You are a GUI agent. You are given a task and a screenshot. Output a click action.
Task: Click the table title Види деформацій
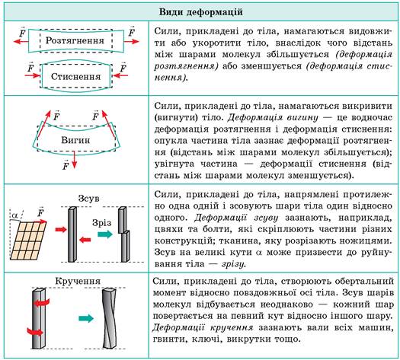[201, 12]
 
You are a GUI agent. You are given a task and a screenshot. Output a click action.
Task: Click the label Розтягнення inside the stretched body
[75, 40]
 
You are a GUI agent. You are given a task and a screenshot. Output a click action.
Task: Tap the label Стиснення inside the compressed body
[76, 76]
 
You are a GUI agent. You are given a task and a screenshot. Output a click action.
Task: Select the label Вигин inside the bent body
[75, 140]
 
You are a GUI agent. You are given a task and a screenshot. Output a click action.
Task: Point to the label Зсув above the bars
[88, 199]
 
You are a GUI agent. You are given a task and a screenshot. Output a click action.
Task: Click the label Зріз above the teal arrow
[102, 223]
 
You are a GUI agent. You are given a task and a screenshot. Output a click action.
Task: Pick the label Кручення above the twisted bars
[78, 281]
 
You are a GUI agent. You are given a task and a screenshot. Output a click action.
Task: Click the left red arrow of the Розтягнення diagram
[21, 41]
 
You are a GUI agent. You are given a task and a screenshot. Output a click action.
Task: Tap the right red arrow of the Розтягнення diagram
[132, 41]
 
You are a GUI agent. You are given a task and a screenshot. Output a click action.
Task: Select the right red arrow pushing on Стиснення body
[120, 75]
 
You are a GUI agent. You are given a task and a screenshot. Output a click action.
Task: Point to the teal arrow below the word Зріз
[105, 234]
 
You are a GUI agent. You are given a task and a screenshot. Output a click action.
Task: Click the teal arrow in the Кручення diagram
[86, 318]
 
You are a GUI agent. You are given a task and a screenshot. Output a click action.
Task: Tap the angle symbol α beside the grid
[14, 216]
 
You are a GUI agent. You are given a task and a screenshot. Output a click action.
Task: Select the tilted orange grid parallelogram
[28, 241]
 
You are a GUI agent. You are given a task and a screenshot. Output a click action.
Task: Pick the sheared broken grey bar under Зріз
[124, 234]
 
